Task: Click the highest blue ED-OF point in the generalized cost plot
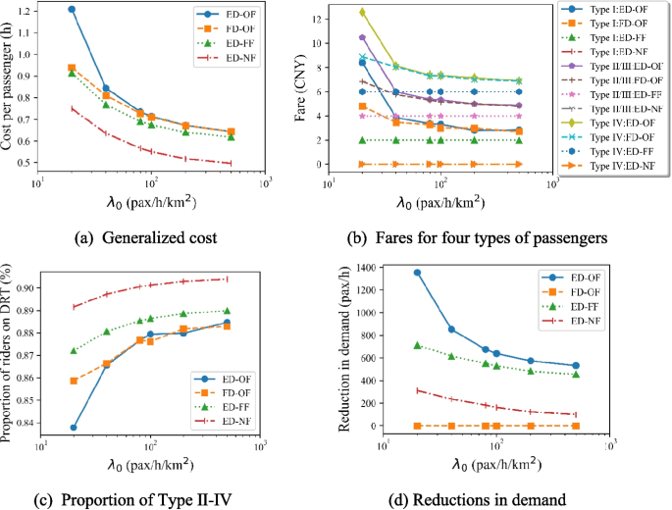tap(72, 10)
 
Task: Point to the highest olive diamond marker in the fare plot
tap(363, 13)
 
